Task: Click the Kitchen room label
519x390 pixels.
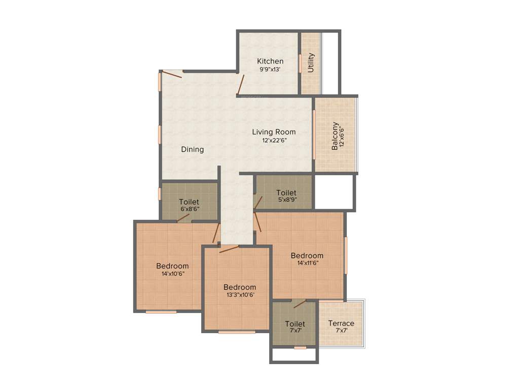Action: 270,61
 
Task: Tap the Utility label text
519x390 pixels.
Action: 311,63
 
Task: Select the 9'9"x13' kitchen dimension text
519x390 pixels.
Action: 270,70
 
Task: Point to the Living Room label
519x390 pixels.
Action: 274,132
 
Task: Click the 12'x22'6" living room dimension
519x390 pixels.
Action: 274,140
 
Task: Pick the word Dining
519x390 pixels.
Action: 193,149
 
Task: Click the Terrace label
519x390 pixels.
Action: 341,323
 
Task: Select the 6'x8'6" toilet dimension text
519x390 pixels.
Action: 189,209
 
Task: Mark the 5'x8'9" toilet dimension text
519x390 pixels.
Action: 286,200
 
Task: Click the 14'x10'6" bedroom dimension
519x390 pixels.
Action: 172,273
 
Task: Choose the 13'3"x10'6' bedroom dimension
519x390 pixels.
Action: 240,295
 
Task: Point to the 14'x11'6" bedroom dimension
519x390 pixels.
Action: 307,263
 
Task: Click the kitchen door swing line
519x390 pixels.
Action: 241,84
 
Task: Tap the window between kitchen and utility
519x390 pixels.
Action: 300,63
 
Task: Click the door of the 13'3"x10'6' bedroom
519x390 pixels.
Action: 229,248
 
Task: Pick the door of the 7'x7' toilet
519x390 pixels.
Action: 300,304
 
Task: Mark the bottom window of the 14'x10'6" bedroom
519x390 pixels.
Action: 161,311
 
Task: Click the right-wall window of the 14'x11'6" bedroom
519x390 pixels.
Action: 346,255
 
